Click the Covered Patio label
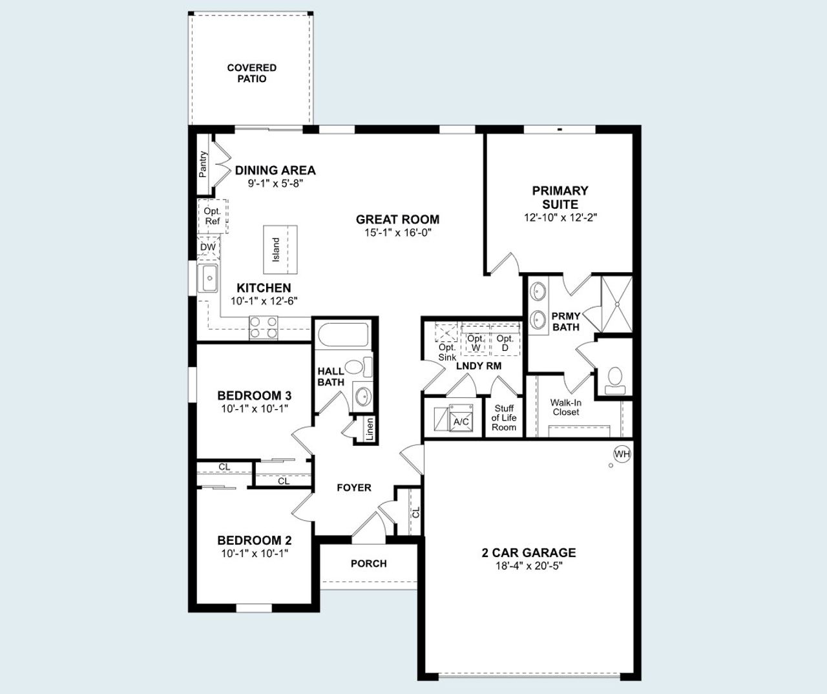(x=251, y=73)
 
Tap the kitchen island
(x=280, y=249)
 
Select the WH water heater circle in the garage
(x=622, y=454)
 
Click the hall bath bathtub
(x=342, y=335)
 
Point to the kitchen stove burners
(x=263, y=328)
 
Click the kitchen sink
(x=209, y=279)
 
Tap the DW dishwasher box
(x=208, y=247)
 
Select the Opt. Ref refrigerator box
(x=213, y=216)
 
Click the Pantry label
(x=203, y=164)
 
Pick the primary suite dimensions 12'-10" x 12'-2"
(x=560, y=218)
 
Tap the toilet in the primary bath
(x=614, y=379)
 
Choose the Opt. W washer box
(x=476, y=342)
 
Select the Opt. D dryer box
(x=505, y=342)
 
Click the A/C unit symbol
(x=460, y=418)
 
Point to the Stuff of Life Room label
(x=504, y=417)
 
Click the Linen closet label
(x=370, y=429)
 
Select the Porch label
(x=368, y=563)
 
